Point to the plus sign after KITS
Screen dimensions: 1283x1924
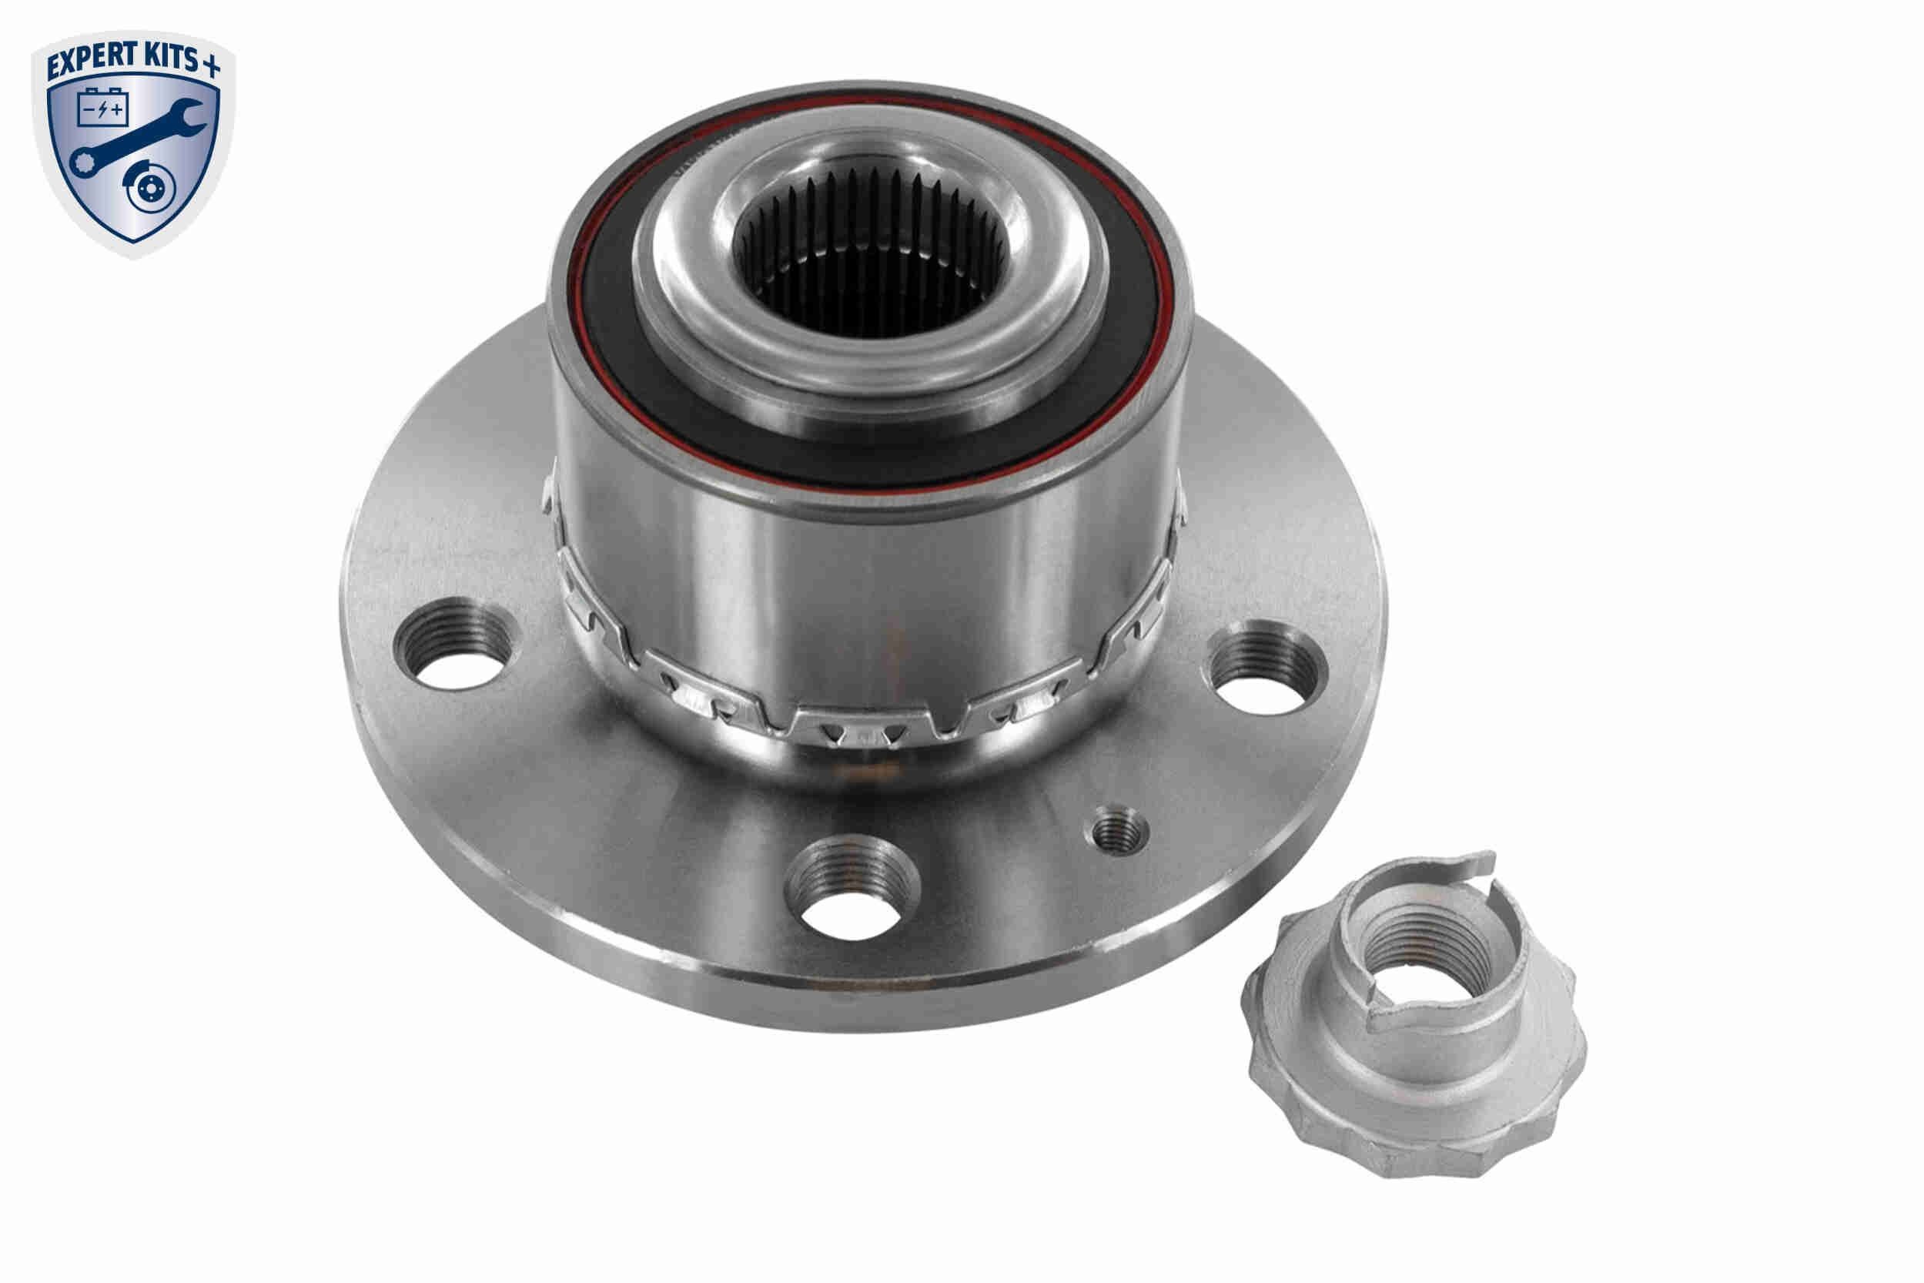click(x=210, y=65)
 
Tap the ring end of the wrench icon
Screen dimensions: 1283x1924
click(x=82, y=162)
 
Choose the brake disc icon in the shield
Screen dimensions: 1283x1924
click(x=149, y=189)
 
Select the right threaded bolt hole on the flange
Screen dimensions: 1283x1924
click(x=1264, y=667)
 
